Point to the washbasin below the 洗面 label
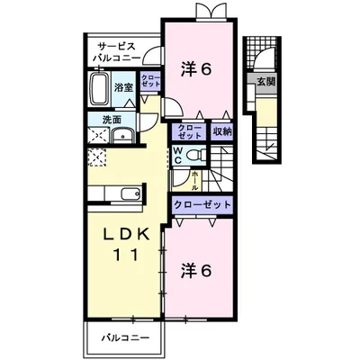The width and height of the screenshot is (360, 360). pos(121,137)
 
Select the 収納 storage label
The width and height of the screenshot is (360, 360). pos(221,130)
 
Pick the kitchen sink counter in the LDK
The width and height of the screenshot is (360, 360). pos(121,193)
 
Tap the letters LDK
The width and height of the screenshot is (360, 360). pos(121,235)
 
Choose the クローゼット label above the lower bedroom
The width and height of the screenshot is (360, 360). pos(202,204)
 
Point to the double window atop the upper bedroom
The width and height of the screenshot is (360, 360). pos(210,13)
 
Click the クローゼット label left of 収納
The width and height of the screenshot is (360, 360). pos(190,130)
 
